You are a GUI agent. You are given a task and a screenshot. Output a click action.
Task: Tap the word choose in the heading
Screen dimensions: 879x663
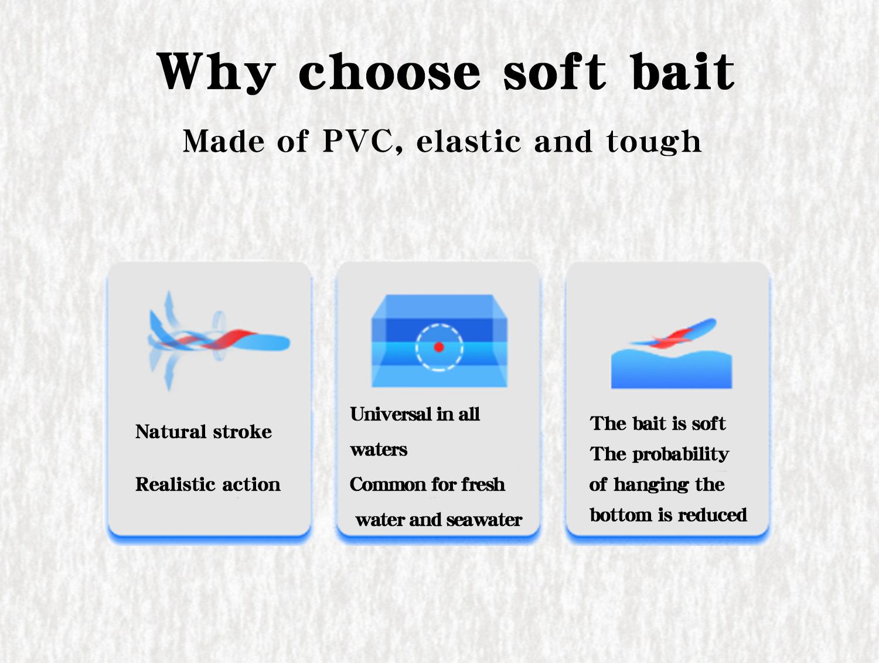tap(389, 71)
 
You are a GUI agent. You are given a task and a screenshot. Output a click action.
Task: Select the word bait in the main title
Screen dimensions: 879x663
tap(683, 71)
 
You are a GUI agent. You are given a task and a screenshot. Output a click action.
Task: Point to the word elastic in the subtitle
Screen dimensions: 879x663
tap(469, 141)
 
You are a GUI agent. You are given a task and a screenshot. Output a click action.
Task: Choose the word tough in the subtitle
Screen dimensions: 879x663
tap(653, 142)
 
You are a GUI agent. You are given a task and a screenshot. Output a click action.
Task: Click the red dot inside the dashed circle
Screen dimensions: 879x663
tap(439, 347)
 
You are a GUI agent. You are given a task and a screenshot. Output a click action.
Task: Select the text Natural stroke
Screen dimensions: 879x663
tap(203, 432)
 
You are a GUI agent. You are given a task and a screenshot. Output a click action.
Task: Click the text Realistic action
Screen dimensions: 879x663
tap(208, 484)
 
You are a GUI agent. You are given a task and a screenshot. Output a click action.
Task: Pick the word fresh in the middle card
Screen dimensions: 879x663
tap(483, 484)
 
